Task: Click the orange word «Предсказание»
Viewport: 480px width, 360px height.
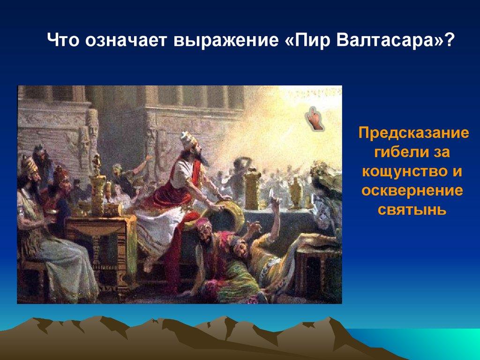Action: [x=413, y=134]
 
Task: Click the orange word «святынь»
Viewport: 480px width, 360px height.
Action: [x=412, y=210]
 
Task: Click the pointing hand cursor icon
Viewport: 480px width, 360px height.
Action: [x=314, y=119]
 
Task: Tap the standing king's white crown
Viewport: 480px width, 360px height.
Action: [x=188, y=139]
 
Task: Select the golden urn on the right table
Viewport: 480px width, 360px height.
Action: [x=295, y=192]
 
